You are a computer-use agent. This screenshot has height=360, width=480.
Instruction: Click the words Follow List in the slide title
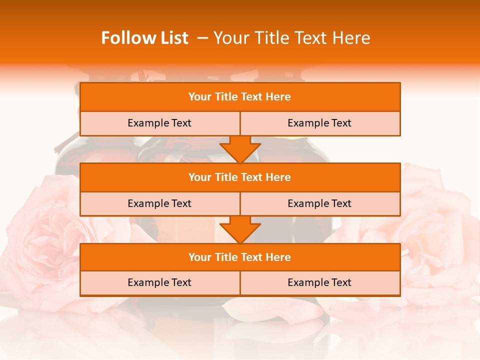144,38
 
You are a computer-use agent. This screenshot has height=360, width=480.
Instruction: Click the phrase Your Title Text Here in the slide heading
291,38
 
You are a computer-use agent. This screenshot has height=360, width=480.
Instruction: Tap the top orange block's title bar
240,97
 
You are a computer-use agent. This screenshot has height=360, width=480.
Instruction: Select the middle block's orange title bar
240,177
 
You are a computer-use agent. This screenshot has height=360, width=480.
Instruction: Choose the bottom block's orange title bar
240,257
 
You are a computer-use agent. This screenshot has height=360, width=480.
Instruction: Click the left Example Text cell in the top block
159,123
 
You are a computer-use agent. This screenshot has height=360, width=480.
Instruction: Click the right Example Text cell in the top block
319,123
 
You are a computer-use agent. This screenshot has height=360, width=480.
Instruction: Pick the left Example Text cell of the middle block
159,203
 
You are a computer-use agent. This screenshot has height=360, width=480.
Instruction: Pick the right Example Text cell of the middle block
319,203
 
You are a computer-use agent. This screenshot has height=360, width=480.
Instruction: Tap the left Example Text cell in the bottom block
159,282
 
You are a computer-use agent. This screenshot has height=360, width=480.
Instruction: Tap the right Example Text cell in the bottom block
319,282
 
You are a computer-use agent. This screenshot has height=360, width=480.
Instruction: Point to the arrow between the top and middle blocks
240,149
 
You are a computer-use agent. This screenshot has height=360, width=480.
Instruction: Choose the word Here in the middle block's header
278,177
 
